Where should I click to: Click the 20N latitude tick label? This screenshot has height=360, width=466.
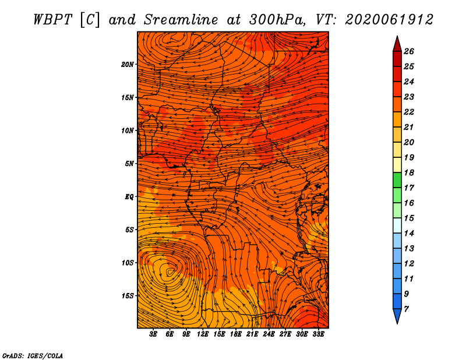click(127, 65)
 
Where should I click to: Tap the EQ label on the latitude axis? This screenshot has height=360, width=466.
click(129, 197)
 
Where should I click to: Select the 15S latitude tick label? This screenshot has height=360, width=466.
click(127, 296)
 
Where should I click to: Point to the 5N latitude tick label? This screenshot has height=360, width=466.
click(129, 164)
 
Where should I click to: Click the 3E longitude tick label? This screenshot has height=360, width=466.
click(153, 334)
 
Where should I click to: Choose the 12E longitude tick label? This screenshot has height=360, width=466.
click(203, 334)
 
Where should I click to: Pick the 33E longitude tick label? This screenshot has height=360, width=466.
click(318, 334)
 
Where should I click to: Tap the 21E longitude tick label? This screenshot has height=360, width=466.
click(252, 334)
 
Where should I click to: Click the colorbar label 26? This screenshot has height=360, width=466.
click(409, 51)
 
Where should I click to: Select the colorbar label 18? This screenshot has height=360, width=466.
click(409, 172)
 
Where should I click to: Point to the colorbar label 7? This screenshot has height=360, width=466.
click(406, 309)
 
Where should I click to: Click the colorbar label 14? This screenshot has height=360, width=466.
click(409, 234)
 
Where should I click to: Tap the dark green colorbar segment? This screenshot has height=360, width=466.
click(397, 180)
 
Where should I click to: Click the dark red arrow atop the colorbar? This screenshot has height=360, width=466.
click(397, 44)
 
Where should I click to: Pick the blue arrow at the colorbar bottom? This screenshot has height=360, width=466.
click(397, 316)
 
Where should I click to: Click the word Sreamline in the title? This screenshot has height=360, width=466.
click(181, 20)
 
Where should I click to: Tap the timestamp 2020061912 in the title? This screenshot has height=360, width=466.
click(389, 20)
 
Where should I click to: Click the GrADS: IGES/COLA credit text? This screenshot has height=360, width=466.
click(33, 356)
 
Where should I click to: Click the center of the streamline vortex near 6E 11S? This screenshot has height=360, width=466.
click(170, 271)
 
